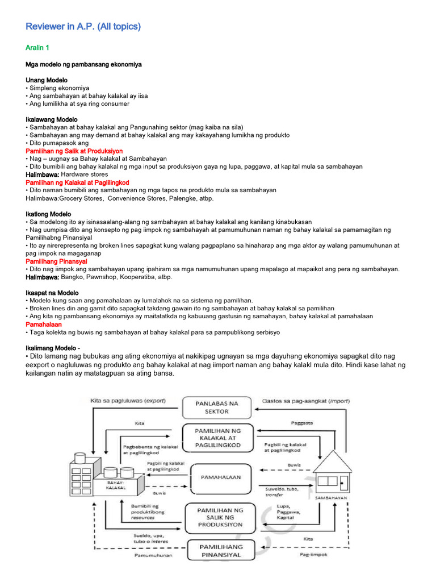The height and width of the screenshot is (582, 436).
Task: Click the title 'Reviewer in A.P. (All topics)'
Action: point(83,27)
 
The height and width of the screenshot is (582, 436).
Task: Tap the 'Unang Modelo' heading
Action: point(47,80)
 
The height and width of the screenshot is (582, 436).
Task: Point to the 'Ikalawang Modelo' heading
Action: point(52,120)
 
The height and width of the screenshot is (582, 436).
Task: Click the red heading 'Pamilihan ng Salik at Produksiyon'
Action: point(74,151)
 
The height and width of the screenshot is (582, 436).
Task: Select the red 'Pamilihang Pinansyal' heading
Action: point(56,261)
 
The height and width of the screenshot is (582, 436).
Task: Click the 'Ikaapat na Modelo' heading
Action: point(52,292)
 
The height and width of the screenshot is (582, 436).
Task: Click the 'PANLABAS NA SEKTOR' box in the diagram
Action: point(217,406)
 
